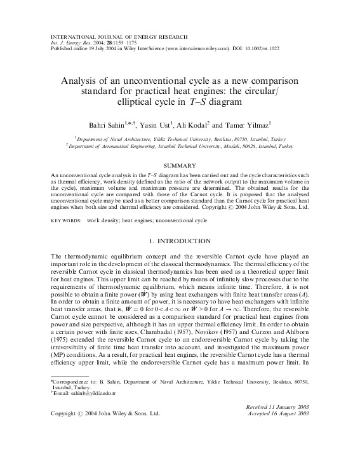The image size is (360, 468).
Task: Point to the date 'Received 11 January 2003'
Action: (x=277, y=405)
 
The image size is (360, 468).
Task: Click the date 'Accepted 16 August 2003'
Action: (x=277, y=412)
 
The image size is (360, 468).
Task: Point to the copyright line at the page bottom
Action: (x=105, y=412)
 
